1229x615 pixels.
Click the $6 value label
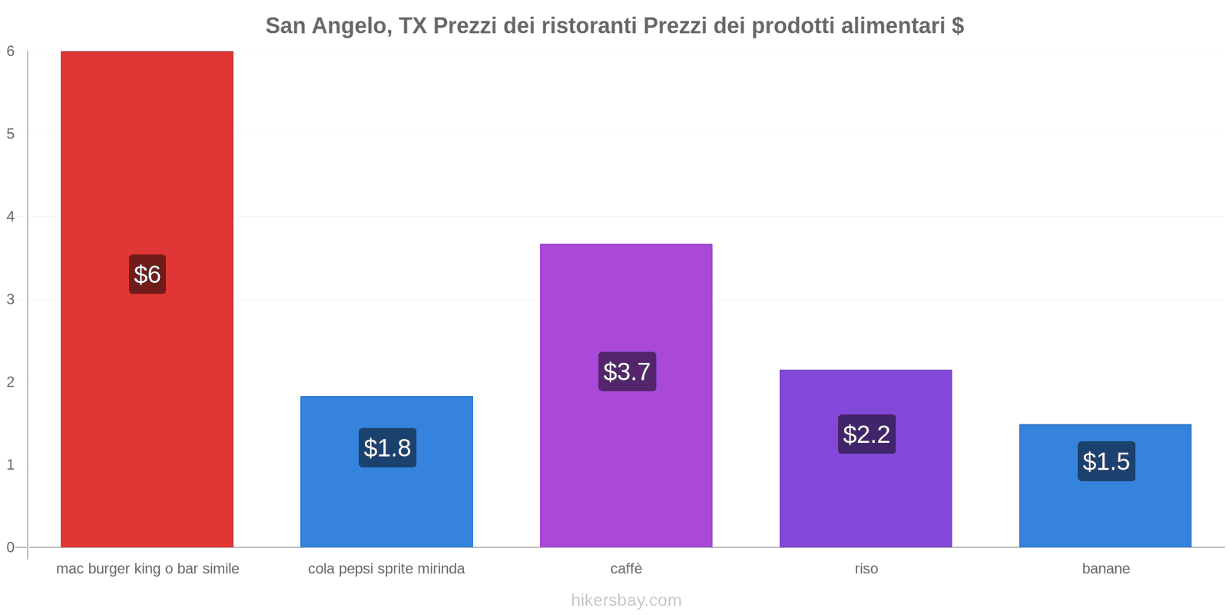point(147,274)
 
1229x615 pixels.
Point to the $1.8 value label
point(387,448)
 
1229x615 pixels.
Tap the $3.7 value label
point(627,372)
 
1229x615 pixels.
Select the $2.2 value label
point(866,434)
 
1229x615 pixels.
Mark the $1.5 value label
point(1106,461)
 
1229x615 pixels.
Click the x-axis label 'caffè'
point(626,569)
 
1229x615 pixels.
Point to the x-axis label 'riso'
point(866,569)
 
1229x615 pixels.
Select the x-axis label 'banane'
point(1105,569)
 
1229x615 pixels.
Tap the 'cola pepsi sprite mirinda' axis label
point(386,569)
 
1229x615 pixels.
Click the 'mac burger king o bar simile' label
point(147,569)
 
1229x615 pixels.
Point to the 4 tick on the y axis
point(11,217)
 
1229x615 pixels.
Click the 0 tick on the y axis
point(11,547)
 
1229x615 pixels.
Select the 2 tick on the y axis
point(11,382)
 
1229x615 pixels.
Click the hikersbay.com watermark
point(626,600)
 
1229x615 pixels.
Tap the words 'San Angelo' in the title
point(326,26)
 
